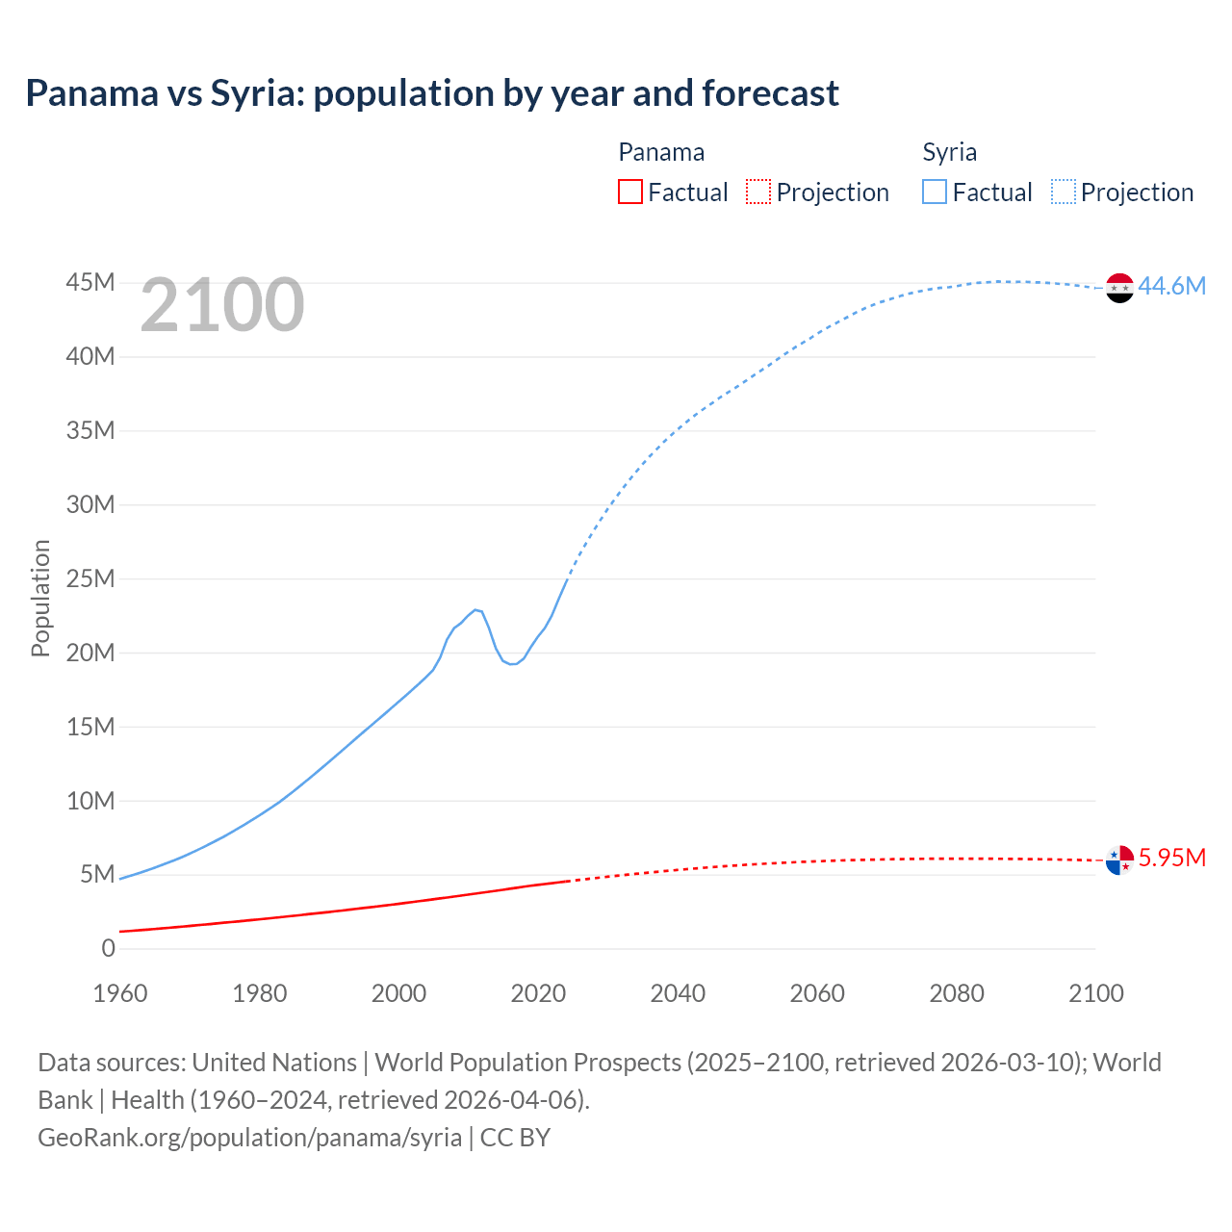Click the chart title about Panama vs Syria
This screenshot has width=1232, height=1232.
[x=432, y=93]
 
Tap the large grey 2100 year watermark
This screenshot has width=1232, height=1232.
[x=222, y=305]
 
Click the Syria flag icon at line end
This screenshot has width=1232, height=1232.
[x=1119, y=288]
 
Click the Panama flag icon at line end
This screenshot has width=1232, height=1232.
[x=1119, y=860]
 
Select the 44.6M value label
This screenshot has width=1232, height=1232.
[x=1171, y=286]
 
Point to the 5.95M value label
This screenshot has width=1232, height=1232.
[x=1171, y=858]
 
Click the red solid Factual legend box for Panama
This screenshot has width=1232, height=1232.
[x=630, y=192]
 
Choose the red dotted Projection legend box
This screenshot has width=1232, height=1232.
[x=758, y=192]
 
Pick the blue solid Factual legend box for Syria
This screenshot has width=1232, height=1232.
[x=935, y=192]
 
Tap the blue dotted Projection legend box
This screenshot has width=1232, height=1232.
[x=1064, y=192]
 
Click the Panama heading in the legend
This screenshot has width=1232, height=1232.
[x=661, y=152]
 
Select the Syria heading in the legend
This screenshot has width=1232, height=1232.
[x=949, y=152]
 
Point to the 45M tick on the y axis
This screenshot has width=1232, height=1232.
[x=90, y=282]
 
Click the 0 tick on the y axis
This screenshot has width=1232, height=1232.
[x=108, y=948]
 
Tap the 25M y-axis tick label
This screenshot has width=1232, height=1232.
[x=90, y=578]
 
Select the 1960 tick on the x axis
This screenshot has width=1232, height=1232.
[x=120, y=993]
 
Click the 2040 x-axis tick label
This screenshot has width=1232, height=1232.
[x=678, y=993]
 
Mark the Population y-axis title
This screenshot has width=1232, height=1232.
[x=40, y=598]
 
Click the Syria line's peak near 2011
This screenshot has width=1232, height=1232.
[x=475, y=609]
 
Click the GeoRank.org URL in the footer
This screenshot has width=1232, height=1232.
[x=249, y=1137]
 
